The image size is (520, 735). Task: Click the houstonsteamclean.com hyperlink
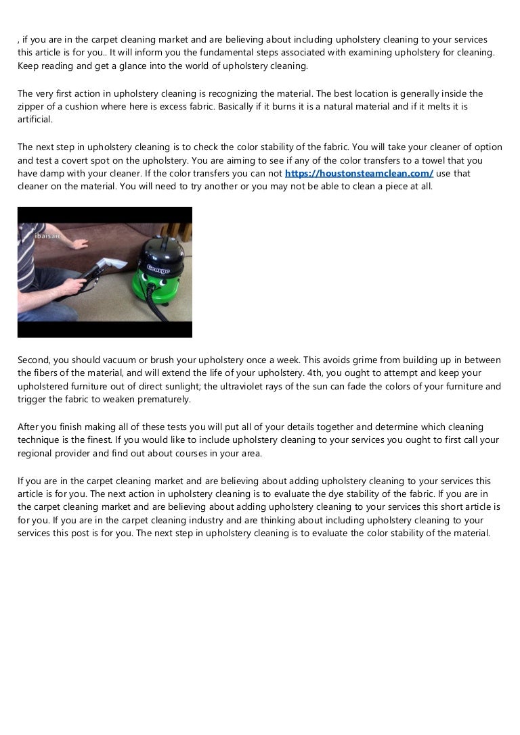359,173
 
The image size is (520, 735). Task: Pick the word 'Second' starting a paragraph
34,360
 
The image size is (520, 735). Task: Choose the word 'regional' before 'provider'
36,452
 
